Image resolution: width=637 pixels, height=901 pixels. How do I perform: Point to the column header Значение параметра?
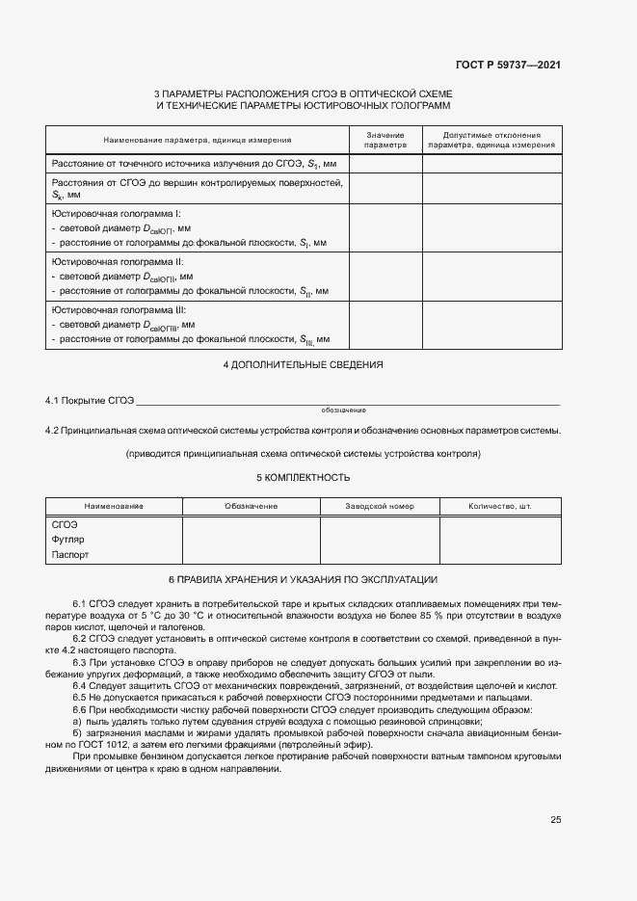pos(385,140)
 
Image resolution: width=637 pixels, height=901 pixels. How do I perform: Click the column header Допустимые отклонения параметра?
pos(491,140)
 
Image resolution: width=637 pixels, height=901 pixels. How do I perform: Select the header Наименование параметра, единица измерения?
pos(197,140)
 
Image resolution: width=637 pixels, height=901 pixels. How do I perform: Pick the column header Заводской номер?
pos(380,506)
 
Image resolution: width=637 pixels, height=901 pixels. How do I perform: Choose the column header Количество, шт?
pos(499,506)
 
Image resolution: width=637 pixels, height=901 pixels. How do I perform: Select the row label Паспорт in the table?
pos(69,555)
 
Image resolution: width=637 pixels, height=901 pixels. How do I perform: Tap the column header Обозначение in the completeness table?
pos(251,506)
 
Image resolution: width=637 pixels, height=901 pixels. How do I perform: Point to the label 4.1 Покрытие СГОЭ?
pos(90,399)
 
